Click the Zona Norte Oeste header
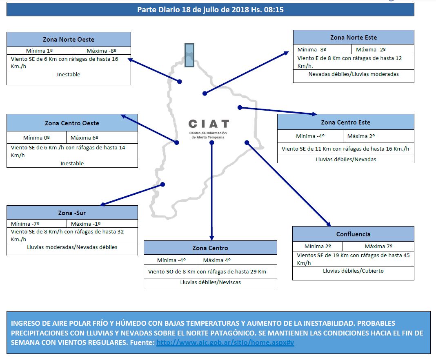69,40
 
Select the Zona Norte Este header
354,37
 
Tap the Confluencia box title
353,234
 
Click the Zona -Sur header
72,213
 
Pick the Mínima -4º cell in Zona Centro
171,260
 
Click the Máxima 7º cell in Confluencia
378,246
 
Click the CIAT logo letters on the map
209,124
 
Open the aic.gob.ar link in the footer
225,343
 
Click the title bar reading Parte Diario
210,9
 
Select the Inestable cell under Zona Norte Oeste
69,75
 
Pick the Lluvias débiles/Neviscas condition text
210,282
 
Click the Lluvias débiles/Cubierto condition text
353,271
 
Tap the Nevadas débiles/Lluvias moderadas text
354,74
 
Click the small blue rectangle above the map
189,55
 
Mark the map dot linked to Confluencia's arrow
247,142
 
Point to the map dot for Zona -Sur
162,184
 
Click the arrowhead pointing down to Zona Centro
211,238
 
